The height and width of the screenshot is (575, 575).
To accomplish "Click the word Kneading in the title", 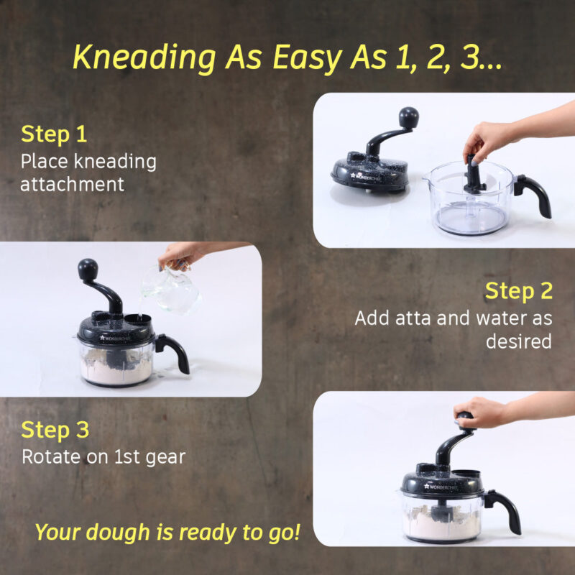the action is pyautogui.click(x=144, y=57).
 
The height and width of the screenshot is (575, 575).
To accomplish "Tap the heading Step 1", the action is pyautogui.click(x=54, y=134).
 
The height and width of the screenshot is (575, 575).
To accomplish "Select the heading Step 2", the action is pyautogui.click(x=518, y=291).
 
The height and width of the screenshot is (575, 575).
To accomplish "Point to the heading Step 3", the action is pyautogui.click(x=55, y=430).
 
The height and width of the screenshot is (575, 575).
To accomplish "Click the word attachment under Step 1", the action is pyautogui.click(x=73, y=185).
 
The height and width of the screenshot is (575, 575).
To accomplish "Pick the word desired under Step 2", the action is pyautogui.click(x=518, y=341).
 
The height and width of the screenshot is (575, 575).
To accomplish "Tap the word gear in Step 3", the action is pyautogui.click(x=166, y=458).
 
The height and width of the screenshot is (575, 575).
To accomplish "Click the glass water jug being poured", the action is pyautogui.click(x=170, y=289).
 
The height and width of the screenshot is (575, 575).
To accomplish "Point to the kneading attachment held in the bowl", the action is pyautogui.click(x=474, y=175).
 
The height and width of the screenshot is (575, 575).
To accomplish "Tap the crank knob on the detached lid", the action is pyautogui.click(x=408, y=117).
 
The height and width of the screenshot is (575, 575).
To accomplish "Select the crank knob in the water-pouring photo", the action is pyautogui.click(x=88, y=269).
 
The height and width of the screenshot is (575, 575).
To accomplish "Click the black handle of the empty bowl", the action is pyautogui.click(x=533, y=193).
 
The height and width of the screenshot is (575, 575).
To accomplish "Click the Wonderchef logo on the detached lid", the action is pyautogui.click(x=366, y=177).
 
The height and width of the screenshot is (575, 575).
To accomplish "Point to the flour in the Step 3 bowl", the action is pyautogui.click(x=442, y=521).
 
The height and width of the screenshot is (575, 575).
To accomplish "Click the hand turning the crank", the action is pyautogui.click(x=480, y=412).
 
